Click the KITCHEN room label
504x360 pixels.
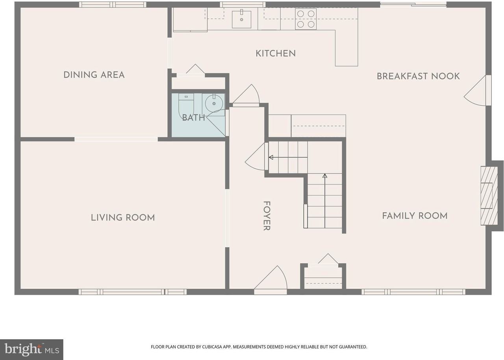[276, 54]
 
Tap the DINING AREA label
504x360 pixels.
[94, 75]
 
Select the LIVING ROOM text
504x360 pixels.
[123, 218]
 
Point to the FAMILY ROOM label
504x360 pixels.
[415, 216]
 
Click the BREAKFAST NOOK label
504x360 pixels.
[418, 76]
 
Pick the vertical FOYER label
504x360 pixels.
[267, 216]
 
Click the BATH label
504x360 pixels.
[193, 117]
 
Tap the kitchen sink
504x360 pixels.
[241, 19]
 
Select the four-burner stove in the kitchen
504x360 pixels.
[306, 19]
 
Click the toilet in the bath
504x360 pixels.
[186, 104]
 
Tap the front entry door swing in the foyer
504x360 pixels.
[272, 280]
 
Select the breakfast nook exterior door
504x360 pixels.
[477, 91]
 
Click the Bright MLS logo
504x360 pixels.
[31, 349]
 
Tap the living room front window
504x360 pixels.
[132, 292]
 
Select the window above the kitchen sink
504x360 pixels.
[242, 5]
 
